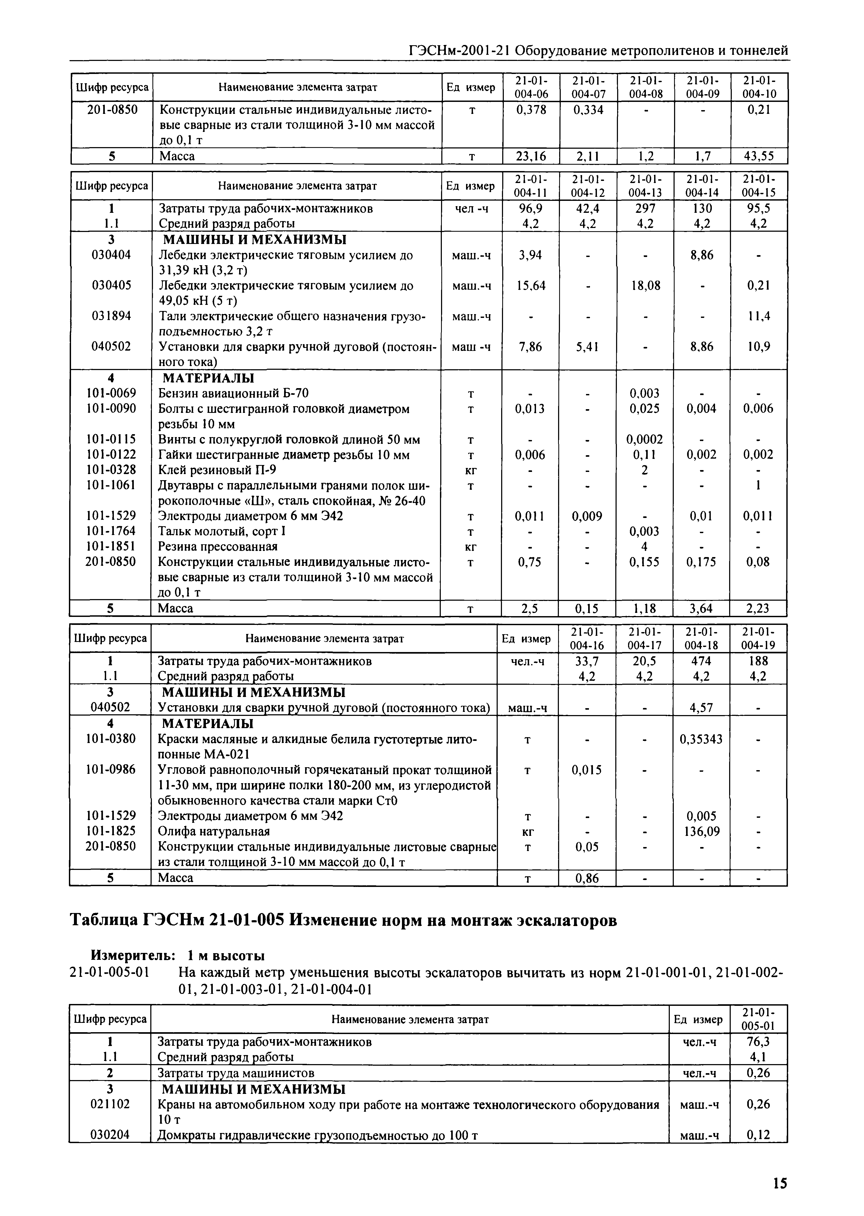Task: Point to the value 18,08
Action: coord(645,286)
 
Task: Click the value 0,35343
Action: coord(701,739)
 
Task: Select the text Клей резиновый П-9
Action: coord(217,470)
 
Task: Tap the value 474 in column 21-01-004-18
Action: coord(701,661)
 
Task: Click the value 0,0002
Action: coord(645,440)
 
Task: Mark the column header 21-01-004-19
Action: coord(758,638)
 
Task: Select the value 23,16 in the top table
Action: coord(531,156)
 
